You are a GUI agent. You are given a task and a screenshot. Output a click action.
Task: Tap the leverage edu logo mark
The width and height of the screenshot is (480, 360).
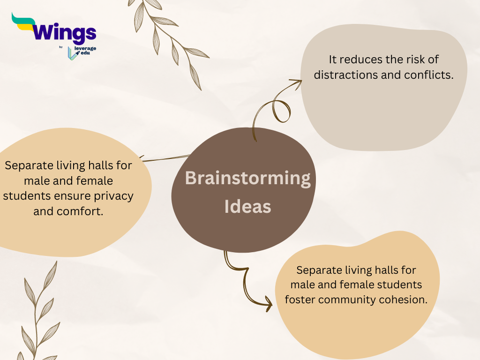coord(73,53)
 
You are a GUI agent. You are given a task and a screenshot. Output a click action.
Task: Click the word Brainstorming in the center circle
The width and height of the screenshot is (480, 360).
coord(247,178)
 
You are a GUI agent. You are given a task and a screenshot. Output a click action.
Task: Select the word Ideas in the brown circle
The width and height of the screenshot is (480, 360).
coord(247,207)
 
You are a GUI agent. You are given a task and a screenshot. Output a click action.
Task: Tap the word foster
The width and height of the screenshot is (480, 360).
coord(300,300)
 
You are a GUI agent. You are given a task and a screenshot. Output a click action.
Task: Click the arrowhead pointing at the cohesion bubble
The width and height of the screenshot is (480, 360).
coord(268,304)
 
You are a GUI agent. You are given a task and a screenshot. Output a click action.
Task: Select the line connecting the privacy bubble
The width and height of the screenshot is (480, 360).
coord(165,158)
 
